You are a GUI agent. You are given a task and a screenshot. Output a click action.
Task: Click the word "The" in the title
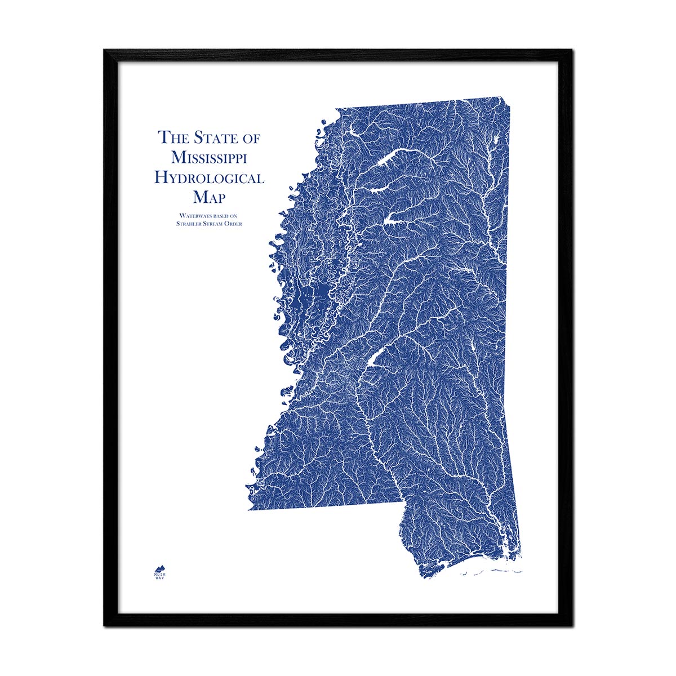[x=172, y=137]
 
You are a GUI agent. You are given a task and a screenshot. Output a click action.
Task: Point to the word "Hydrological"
[x=210, y=178]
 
